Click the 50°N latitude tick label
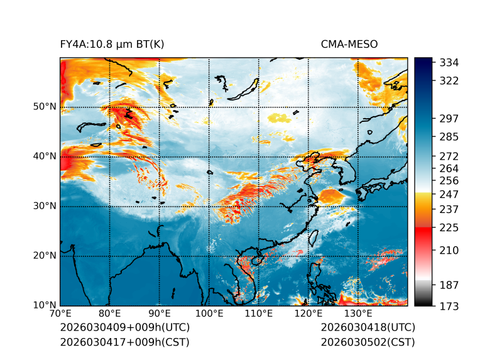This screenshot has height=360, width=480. (x=44, y=107)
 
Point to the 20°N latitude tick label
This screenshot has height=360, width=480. (x=44, y=256)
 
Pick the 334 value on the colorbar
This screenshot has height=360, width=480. (x=449, y=63)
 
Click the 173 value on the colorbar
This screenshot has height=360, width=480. (x=449, y=306)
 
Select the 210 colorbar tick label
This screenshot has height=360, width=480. (x=449, y=250)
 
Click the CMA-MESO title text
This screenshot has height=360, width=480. (x=349, y=44)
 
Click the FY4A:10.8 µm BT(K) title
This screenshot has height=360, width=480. (x=112, y=44)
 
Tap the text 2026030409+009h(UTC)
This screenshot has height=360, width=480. (x=124, y=327)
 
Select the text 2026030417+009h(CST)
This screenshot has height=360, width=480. (x=124, y=342)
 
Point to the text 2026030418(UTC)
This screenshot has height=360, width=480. (x=368, y=327)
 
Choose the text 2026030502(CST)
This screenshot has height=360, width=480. (x=368, y=342)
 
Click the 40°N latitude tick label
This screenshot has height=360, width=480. (x=44, y=156)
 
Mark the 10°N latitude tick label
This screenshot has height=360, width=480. (x=44, y=305)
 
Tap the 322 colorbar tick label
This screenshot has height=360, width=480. (x=449, y=81)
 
